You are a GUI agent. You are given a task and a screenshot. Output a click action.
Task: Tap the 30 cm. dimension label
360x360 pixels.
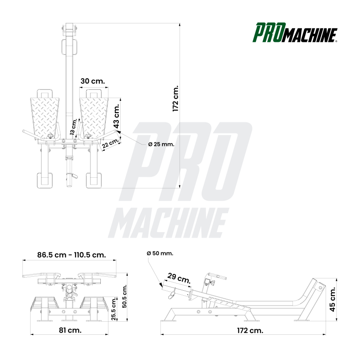tap(92, 81)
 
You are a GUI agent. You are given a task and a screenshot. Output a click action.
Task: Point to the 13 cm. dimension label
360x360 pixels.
tap(73, 127)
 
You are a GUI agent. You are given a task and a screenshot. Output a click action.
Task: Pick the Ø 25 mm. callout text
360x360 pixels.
tap(161, 144)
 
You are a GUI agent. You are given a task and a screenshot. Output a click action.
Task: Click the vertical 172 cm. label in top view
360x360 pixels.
tap(175, 98)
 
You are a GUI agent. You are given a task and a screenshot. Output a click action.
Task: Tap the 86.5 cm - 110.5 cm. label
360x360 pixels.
tap(72, 255)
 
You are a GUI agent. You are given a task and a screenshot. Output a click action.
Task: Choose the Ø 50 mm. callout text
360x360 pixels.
tap(160, 253)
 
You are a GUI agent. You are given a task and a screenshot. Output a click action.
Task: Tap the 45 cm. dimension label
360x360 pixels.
tap(333, 300)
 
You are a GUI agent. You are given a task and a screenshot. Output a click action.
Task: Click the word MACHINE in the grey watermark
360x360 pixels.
tap(167, 224)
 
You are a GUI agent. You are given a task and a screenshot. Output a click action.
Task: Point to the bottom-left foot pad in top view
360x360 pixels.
tap(45, 180)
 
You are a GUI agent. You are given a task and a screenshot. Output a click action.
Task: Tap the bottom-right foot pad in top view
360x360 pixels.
tap(94, 180)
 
